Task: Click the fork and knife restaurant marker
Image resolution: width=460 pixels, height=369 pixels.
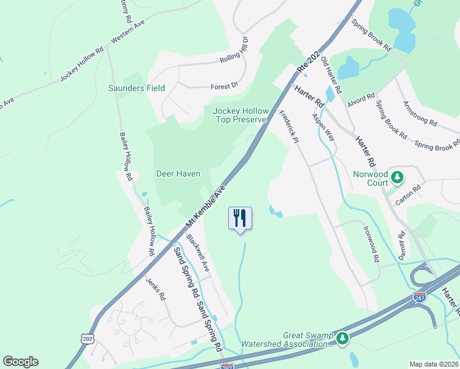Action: point(240,218)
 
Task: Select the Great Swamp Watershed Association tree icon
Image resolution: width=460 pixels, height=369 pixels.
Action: point(343,338)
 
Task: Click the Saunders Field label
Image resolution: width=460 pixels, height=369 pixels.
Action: point(137,88)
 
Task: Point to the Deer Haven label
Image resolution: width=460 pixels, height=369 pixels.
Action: point(178,174)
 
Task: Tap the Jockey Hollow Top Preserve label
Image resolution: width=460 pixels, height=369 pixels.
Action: point(240,115)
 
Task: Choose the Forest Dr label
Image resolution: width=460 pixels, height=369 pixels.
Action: point(224,87)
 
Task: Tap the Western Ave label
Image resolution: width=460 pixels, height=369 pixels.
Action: point(127,34)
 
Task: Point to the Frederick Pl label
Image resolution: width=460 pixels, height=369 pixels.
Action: point(288,127)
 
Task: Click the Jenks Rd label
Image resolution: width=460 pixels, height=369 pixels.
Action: point(156,288)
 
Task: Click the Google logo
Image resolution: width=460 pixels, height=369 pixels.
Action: point(20,362)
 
